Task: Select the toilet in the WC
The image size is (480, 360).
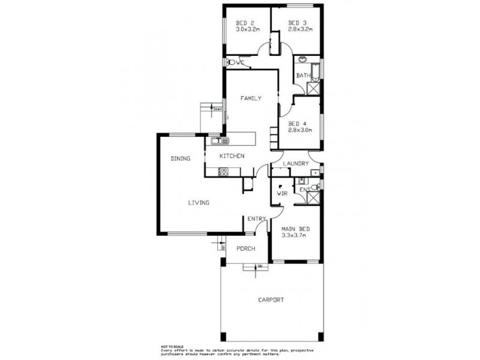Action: (x=232, y=62)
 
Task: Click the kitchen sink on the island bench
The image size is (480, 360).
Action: (x=217, y=142)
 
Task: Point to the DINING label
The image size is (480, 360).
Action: (x=180, y=159)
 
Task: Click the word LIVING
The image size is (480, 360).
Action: (x=198, y=203)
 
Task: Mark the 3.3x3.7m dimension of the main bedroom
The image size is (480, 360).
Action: (x=294, y=236)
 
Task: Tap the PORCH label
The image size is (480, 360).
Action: (x=246, y=248)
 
